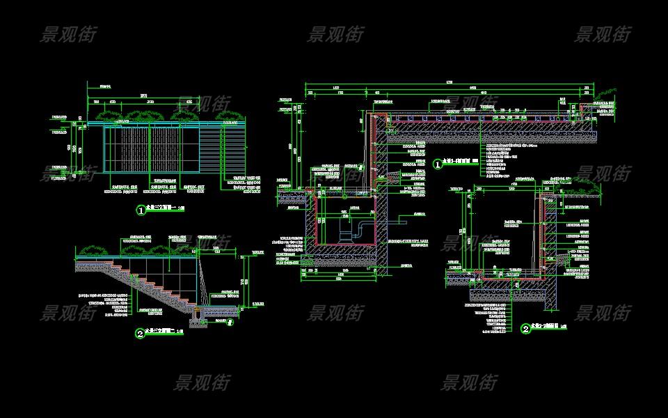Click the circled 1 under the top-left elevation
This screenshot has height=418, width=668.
click(x=141, y=210)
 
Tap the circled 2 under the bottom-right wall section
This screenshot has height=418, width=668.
click(x=525, y=328)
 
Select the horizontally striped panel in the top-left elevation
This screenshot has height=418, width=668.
click(x=223, y=148)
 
